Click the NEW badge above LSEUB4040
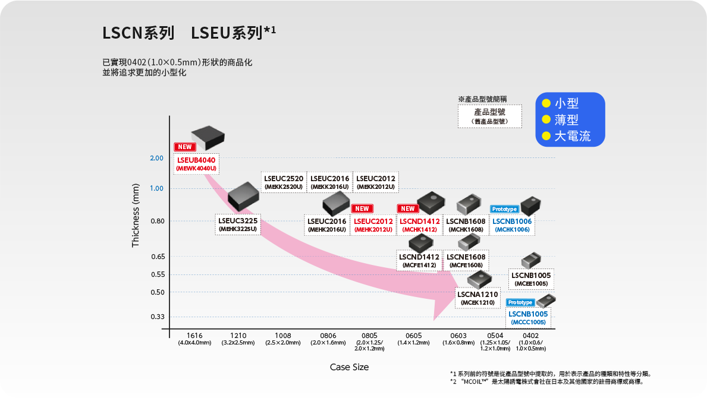point(184,147)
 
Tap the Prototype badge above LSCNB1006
point(504,209)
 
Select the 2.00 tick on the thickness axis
point(156,158)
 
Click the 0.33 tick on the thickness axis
point(157,317)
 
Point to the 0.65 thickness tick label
point(157,257)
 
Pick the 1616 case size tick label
point(194,336)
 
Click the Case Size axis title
point(349,367)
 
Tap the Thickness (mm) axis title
point(136,215)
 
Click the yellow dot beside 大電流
point(545,136)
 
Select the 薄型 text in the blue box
point(566,119)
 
